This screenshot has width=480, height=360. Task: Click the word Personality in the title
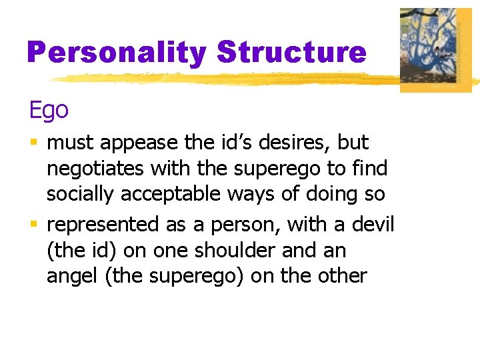tap(117, 52)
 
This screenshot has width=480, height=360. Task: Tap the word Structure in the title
tap(291, 51)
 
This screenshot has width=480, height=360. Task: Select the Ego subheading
tap(48, 110)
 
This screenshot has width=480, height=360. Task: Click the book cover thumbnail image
tap(435, 49)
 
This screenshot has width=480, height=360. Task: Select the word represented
tap(103, 225)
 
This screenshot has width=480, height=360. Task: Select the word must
tap(67, 143)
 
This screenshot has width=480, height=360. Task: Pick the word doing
tap(325, 194)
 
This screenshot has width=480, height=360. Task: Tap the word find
tap(370, 168)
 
